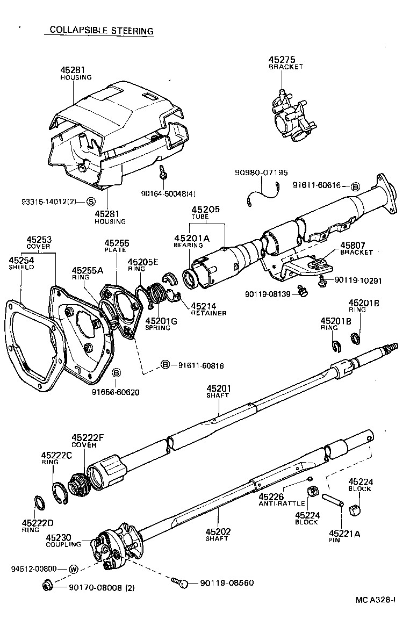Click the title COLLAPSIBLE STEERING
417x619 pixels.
[101, 31]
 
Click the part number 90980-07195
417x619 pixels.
[261, 172]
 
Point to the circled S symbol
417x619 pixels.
[91, 202]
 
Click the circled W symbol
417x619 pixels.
[74, 568]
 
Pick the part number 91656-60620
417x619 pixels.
[116, 392]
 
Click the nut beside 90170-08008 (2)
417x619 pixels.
[47, 585]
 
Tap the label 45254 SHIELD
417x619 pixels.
[20, 263]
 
